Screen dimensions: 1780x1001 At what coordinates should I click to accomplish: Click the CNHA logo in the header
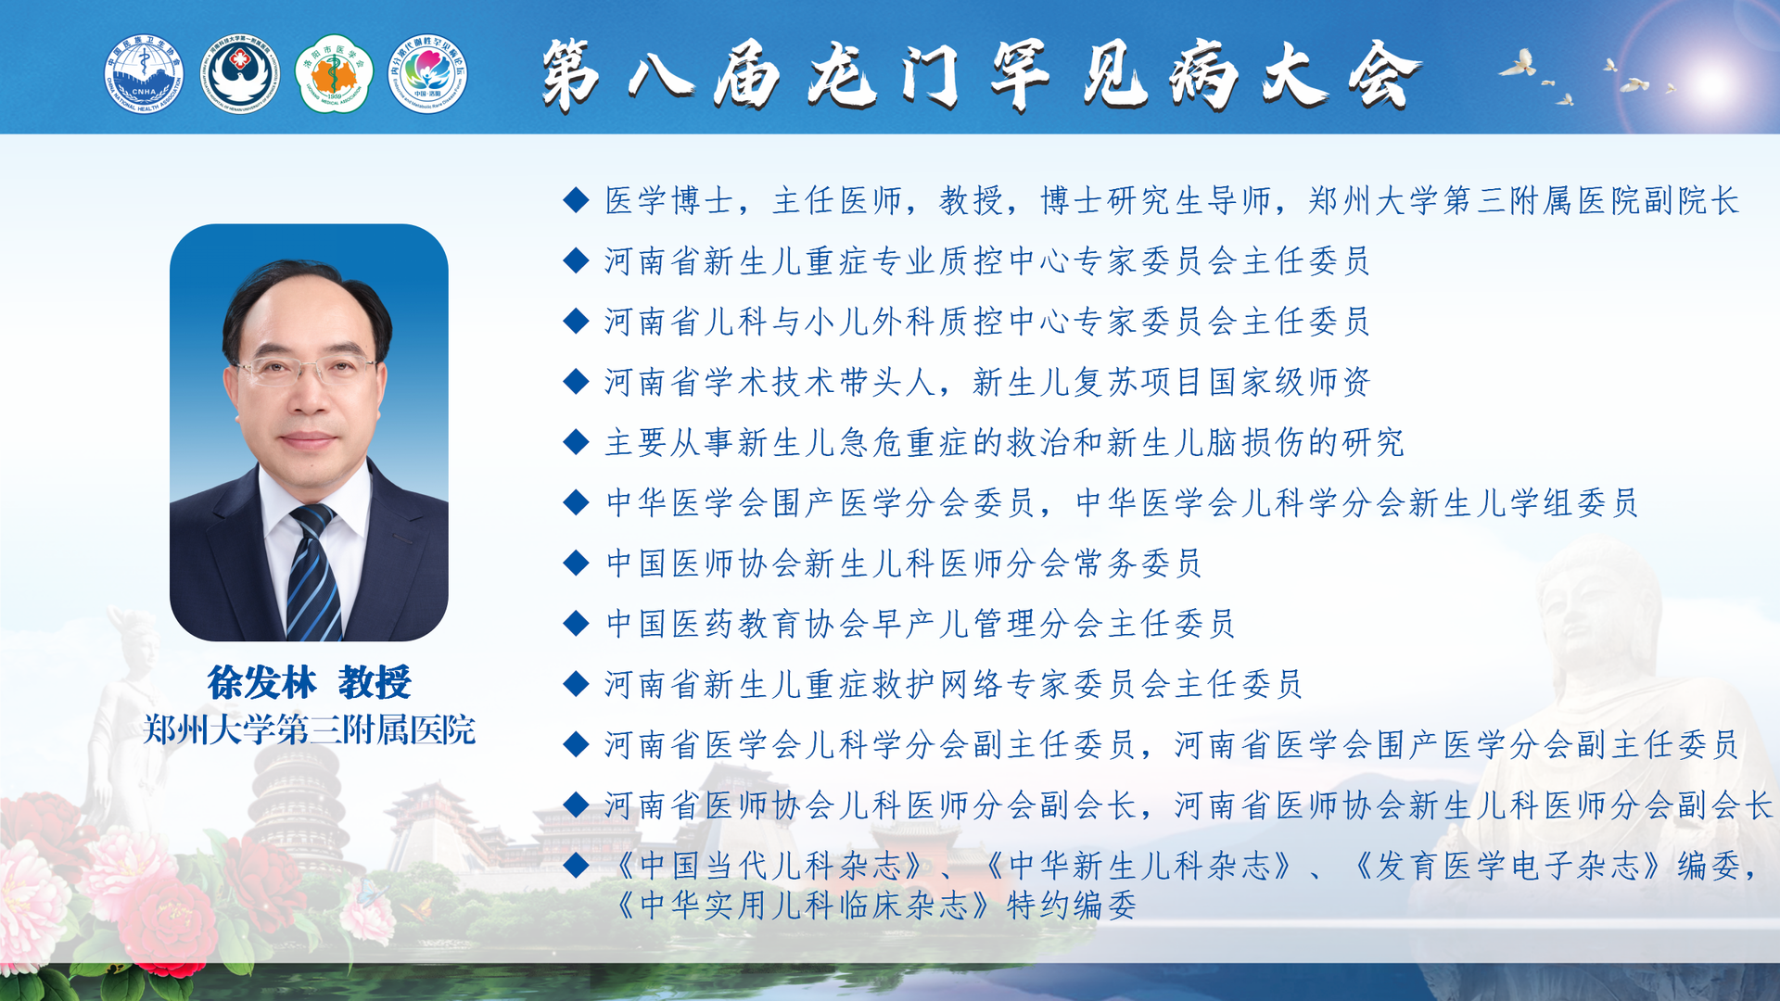[144, 74]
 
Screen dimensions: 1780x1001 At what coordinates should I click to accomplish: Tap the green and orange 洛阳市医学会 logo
[334, 74]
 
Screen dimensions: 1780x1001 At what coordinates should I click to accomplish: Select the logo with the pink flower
[427, 74]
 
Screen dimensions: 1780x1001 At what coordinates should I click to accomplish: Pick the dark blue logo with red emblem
[240, 74]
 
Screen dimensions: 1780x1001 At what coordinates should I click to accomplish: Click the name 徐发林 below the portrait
[262, 683]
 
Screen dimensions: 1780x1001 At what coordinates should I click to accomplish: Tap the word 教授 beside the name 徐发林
[375, 683]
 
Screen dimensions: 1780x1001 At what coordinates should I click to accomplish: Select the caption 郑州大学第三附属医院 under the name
[310, 730]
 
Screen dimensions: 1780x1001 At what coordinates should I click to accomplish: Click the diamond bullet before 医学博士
[576, 199]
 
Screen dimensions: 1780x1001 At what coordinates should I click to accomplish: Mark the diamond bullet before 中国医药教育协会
[576, 623]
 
